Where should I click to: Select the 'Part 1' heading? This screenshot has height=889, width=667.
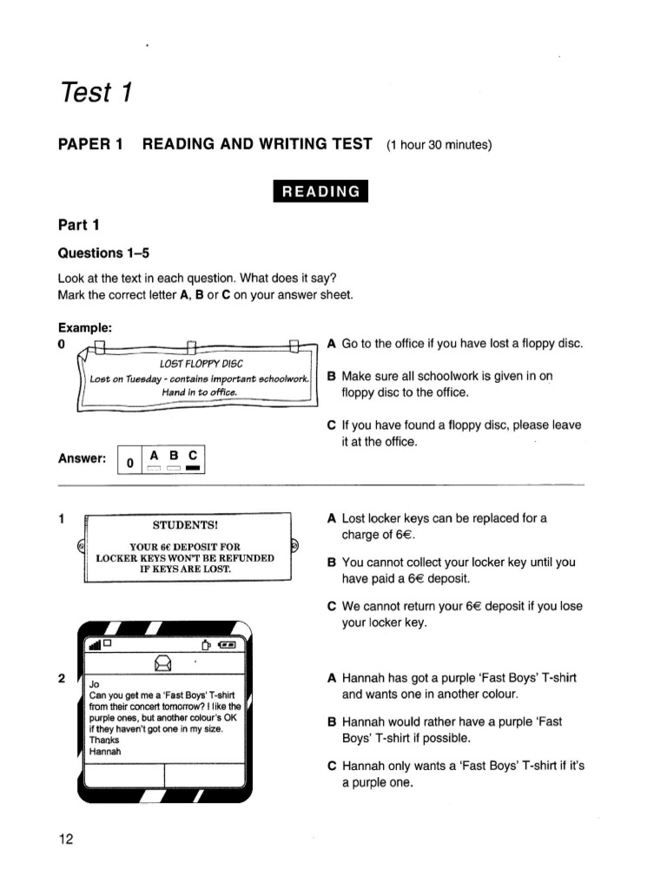coord(79,225)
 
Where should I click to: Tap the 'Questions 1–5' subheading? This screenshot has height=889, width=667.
coord(103,253)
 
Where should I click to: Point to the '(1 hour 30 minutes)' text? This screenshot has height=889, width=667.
coord(439,144)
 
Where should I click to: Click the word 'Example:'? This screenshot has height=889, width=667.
coord(85,327)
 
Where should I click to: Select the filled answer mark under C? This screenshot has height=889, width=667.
coord(193,469)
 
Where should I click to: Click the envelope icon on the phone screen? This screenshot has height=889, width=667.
coord(162,663)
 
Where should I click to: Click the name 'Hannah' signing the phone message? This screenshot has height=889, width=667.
coord(107,752)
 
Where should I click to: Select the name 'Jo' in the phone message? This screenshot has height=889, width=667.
coord(95,683)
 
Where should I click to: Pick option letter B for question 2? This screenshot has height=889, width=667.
coord(332,722)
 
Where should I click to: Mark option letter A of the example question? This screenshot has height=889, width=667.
coord(332,344)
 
